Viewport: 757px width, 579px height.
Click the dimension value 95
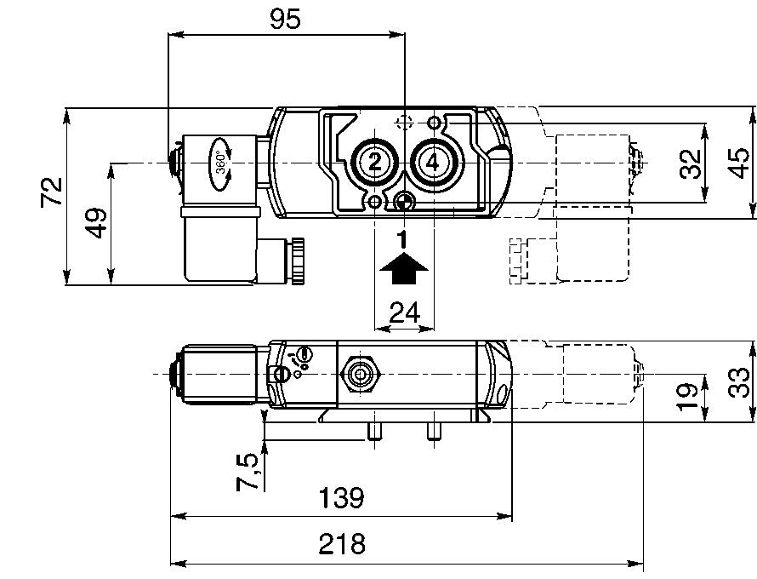(286, 19)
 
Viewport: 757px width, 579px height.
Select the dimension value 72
(53, 192)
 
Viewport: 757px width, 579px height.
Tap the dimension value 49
(97, 223)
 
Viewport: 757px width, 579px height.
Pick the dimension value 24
(404, 312)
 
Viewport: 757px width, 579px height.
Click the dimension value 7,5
(248, 472)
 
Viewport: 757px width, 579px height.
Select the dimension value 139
(341, 498)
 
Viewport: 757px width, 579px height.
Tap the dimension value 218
(341, 544)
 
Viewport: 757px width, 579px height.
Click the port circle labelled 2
(374, 162)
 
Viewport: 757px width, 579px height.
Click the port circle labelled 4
(433, 162)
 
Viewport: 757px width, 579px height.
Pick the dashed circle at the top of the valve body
(405, 123)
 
